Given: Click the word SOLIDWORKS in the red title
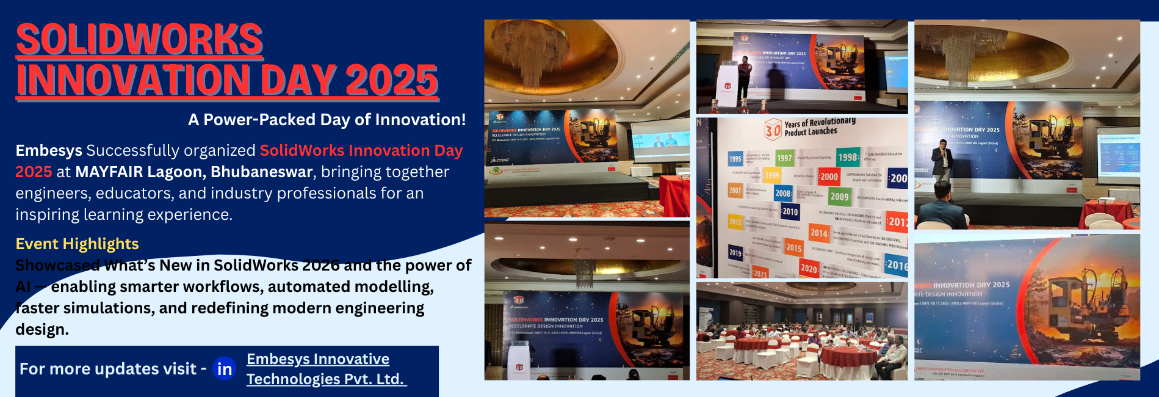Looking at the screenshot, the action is click(x=139, y=40).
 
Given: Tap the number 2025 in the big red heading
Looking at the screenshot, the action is click(x=391, y=81).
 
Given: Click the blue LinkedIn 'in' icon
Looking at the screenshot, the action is click(x=224, y=369).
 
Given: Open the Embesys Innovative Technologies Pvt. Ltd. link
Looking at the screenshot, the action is click(x=325, y=369).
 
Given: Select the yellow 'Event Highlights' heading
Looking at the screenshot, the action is click(x=77, y=244).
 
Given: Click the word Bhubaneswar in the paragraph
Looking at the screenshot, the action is click(x=261, y=172).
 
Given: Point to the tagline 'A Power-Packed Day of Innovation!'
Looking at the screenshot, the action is click(x=327, y=120).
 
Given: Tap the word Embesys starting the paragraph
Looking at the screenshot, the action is click(x=48, y=150).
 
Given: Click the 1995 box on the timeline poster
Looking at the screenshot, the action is click(x=735, y=159).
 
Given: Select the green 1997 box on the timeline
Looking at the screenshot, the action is click(x=784, y=158).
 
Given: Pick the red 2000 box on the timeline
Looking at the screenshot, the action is click(x=828, y=177).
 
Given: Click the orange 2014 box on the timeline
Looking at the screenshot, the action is click(x=818, y=233).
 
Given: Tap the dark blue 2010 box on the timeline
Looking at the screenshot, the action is click(x=790, y=211).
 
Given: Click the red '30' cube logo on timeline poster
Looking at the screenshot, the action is click(x=773, y=129).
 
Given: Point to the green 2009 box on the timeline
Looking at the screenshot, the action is click(x=839, y=196).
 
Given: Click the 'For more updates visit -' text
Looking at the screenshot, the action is click(x=112, y=369).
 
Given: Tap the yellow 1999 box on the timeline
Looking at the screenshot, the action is click(x=771, y=175).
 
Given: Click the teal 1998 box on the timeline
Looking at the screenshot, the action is click(x=848, y=157).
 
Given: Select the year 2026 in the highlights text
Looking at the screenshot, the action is click(x=320, y=265).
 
